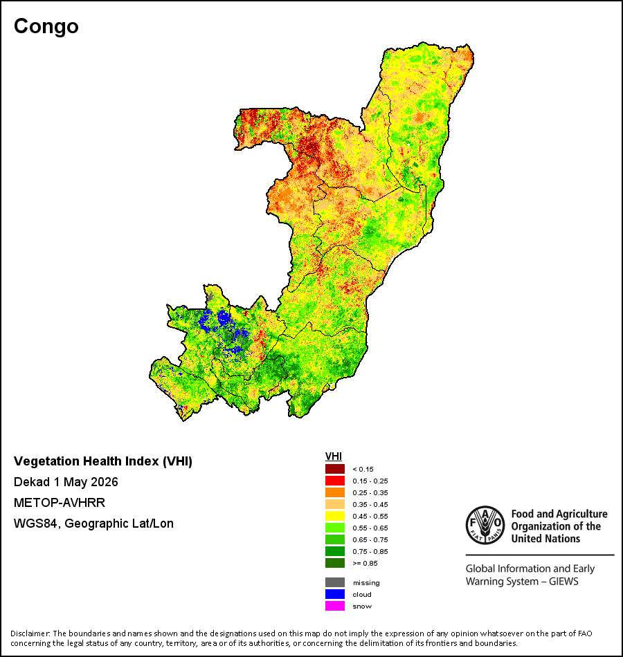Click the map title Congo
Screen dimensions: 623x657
click(x=46, y=26)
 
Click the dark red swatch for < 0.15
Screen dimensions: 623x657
click(x=335, y=469)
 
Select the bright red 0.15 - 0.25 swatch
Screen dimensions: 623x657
click(x=335, y=481)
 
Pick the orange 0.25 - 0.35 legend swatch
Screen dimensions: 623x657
click(x=335, y=492)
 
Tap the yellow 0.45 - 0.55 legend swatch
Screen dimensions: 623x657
click(x=335, y=516)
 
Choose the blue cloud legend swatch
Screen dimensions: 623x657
click(x=335, y=594)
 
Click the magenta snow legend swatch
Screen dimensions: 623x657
click(x=335, y=606)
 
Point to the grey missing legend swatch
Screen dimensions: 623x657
click(x=335, y=582)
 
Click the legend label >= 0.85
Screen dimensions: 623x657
click(x=365, y=563)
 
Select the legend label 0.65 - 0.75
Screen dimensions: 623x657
click(x=370, y=539)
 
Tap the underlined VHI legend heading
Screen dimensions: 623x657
click(x=334, y=456)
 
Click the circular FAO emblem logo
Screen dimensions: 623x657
click(x=485, y=525)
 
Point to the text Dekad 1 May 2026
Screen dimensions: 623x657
click(x=66, y=482)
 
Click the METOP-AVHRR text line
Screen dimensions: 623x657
click(x=60, y=502)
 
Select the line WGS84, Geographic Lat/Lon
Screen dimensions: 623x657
click(x=93, y=524)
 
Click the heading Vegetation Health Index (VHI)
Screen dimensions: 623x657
click(x=103, y=461)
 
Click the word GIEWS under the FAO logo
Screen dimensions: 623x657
click(x=563, y=582)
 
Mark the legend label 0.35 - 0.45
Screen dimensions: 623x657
click(x=370, y=504)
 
